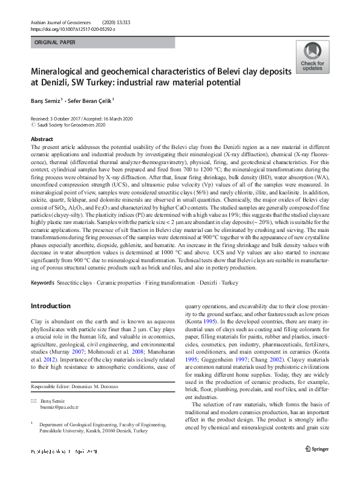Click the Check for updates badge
(312, 57)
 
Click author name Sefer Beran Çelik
(97, 101)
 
